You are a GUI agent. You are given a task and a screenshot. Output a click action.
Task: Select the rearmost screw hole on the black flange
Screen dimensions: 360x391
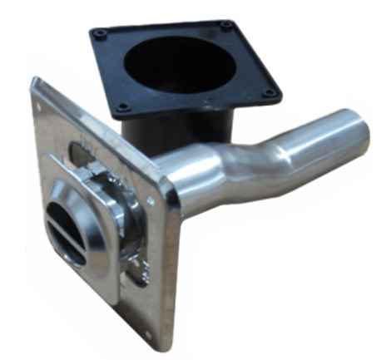click(x=225, y=26)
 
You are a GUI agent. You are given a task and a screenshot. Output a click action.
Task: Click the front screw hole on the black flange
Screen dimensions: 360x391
click(x=123, y=106)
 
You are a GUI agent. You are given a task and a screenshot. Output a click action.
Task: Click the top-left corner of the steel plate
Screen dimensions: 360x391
click(x=35, y=81)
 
